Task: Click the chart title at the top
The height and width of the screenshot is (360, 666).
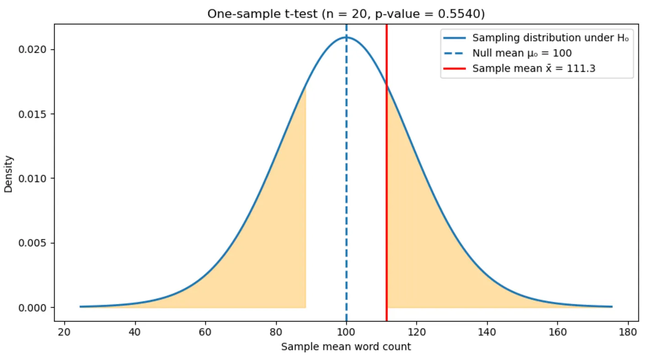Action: tap(346, 14)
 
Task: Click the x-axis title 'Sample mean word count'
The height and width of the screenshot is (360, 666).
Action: tap(346, 347)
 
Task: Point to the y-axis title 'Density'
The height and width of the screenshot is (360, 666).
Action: tap(9, 174)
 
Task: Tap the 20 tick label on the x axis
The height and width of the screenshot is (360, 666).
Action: tap(64, 331)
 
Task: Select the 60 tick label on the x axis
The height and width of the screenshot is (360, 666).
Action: tap(205, 331)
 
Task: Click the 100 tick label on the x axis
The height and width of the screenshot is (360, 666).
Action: tap(346, 331)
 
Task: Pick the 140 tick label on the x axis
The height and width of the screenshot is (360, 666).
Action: tap(487, 331)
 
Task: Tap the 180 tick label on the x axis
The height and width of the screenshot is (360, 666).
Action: tap(628, 331)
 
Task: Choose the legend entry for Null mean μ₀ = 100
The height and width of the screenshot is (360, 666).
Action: tap(522, 53)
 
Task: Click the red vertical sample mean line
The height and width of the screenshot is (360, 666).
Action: tap(387, 206)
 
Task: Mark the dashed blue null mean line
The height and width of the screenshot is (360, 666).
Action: tap(346, 183)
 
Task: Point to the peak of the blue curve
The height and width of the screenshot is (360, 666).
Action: tap(346, 37)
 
